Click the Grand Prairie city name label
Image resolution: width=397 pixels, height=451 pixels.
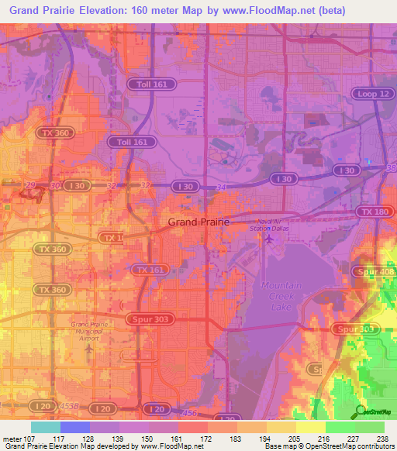tap(199, 222)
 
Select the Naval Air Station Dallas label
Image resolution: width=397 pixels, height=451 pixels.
tap(268, 225)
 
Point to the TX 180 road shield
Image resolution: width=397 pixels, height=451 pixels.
tap(374, 212)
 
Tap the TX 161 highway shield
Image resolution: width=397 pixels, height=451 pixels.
tap(150, 270)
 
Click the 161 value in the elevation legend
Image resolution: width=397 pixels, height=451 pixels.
tap(178, 438)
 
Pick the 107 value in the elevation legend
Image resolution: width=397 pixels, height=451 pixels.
tap(26, 438)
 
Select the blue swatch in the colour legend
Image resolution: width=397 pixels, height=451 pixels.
tap(75, 427)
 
